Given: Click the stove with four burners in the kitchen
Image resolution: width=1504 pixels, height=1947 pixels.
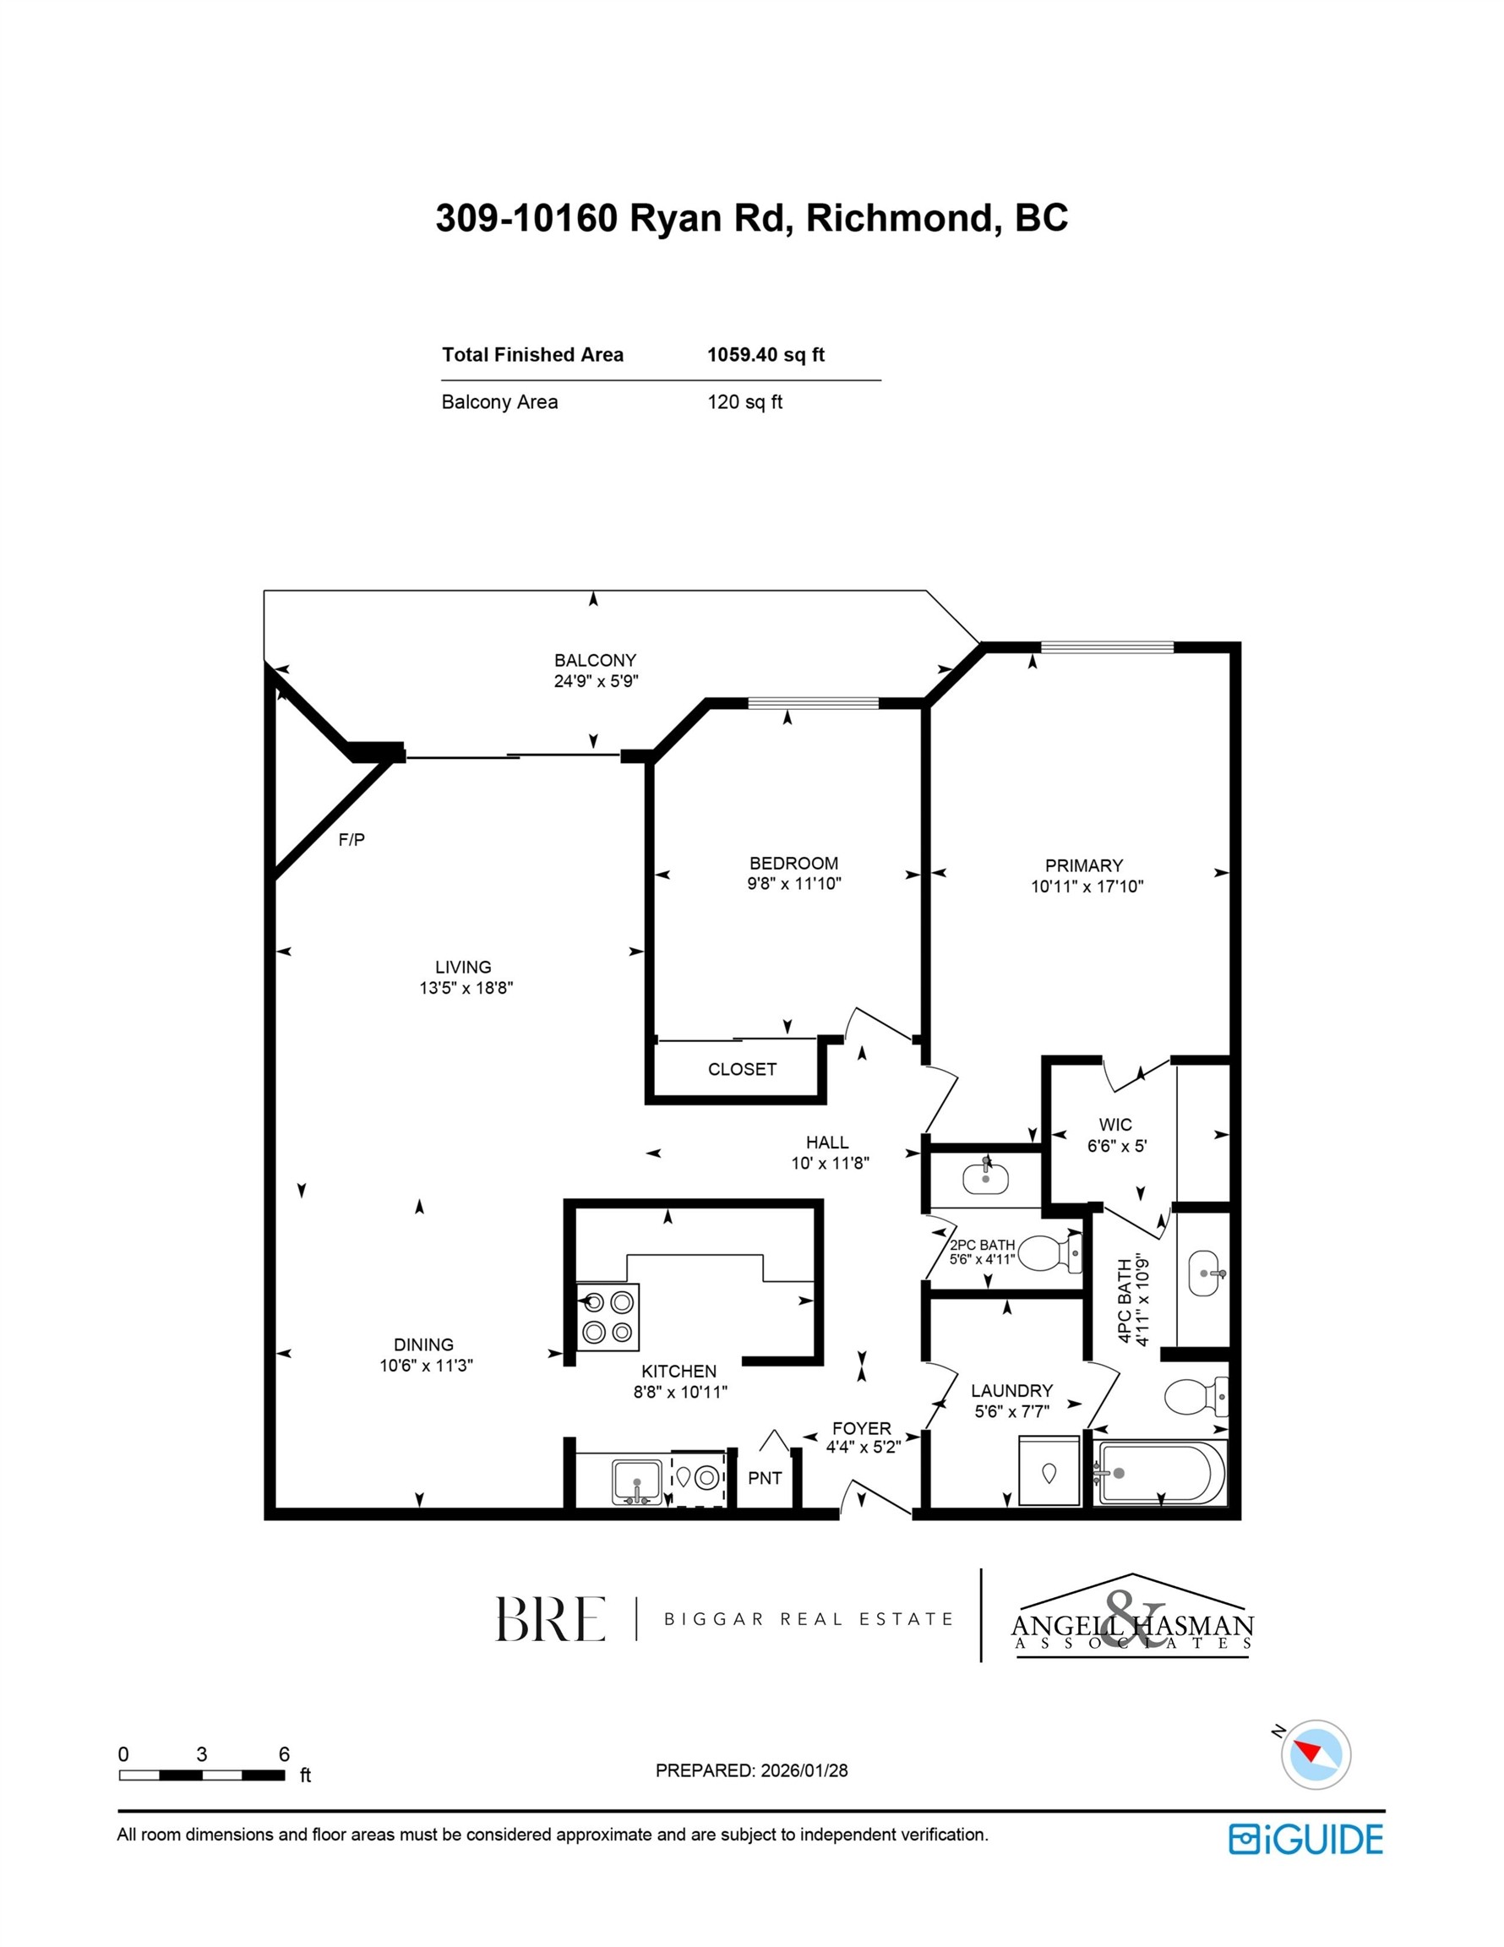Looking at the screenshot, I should [x=608, y=1317].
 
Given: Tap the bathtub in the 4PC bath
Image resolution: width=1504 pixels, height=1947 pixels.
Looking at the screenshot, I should [x=1160, y=1473].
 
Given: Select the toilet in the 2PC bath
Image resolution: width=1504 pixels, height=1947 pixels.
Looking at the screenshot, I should [x=1049, y=1252].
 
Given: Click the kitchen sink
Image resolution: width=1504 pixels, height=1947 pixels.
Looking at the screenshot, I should [x=636, y=1481].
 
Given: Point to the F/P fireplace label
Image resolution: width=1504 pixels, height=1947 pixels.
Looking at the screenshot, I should [x=351, y=840].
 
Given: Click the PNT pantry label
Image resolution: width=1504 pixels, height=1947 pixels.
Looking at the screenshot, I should [x=764, y=1478].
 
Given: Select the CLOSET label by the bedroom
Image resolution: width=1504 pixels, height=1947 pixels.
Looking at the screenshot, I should [x=742, y=1069].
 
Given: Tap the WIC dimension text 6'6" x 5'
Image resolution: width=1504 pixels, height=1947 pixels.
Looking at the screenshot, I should [x=1116, y=1146].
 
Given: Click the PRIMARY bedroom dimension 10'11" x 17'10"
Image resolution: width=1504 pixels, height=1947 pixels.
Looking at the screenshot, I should [x=1087, y=886].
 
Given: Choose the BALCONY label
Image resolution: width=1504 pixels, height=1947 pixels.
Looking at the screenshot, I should [x=595, y=661].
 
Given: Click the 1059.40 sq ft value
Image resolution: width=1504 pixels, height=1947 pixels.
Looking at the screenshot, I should [x=765, y=355].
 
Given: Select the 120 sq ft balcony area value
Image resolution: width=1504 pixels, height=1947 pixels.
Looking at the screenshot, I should [x=744, y=402].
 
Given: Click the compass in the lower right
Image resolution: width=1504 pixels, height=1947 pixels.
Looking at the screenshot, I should [x=1315, y=1753].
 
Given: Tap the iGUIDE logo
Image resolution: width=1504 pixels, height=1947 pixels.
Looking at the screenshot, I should [x=1305, y=1838].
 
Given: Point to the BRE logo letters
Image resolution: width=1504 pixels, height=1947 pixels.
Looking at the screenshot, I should [x=550, y=1619].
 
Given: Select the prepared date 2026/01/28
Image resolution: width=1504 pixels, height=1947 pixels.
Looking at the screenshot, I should [x=804, y=1770].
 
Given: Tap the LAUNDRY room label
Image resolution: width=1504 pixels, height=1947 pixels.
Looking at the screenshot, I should [x=1011, y=1391].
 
